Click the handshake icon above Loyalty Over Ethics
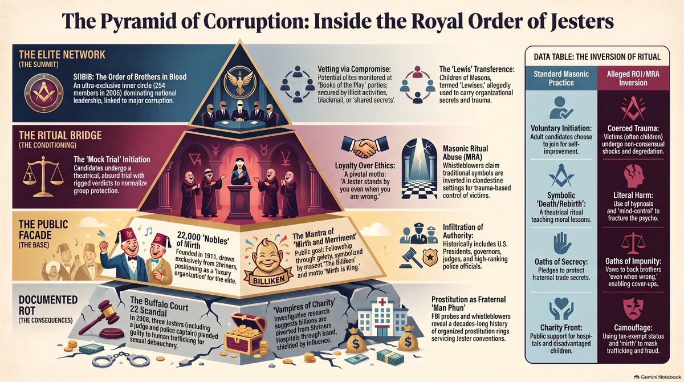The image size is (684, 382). point(364,147)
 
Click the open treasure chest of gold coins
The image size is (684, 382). point(245,334)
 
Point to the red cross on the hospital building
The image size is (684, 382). point(382,302)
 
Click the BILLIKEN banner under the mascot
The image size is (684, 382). point(268,279)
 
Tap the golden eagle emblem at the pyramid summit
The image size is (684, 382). point(240,81)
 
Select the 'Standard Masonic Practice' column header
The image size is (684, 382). point(561,79)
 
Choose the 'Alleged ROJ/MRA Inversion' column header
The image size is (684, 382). point(633,79)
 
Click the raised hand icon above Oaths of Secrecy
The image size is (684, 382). point(561,243)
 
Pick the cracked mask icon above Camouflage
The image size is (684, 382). point(633,310)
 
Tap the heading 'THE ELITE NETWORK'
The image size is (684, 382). point(62,55)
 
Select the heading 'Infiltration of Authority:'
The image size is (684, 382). point(463,231)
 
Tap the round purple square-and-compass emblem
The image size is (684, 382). point(44,92)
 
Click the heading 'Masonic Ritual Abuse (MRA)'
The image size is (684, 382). point(465,153)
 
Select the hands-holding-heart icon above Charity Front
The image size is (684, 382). point(561,308)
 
